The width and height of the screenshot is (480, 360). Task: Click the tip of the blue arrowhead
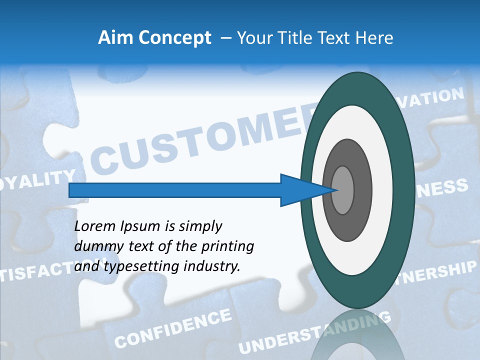click(335, 190)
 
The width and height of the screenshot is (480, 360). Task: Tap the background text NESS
click(442, 189)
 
